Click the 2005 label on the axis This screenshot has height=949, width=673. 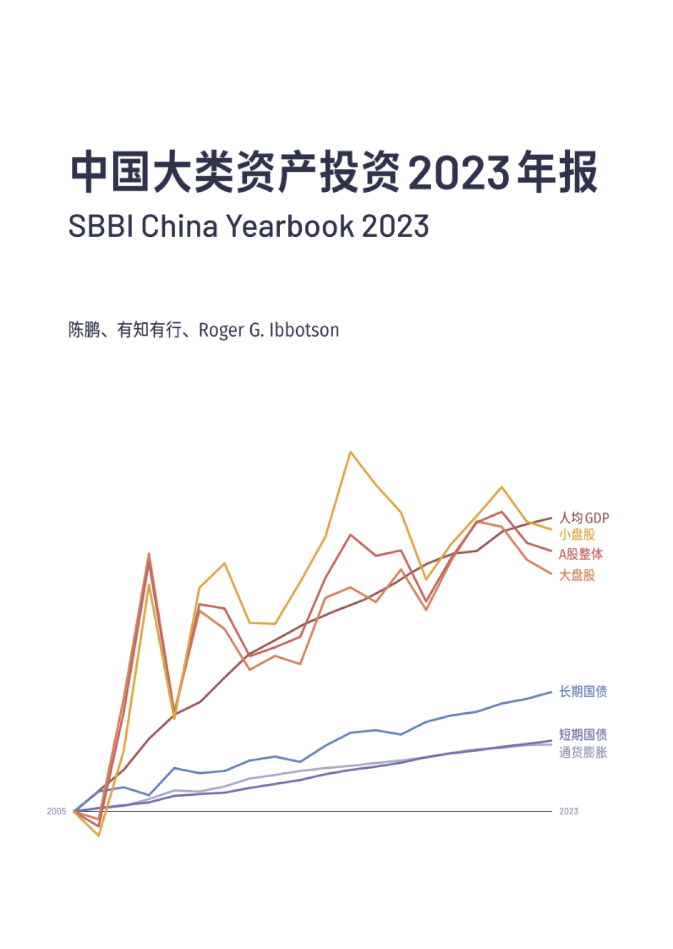tap(56, 811)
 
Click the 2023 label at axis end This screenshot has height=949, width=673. tap(568, 811)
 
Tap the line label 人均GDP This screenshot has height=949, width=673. tap(583, 517)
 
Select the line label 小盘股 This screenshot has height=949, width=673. tap(577, 534)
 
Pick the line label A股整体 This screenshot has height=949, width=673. tap(580, 554)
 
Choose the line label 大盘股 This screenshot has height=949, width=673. tap(577, 575)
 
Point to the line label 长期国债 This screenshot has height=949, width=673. tap(583, 691)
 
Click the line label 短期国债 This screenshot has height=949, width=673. tap(583, 735)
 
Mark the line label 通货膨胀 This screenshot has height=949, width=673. tap(583, 752)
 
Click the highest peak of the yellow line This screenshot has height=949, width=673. tap(351, 452)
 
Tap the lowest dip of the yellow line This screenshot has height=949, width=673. tap(99, 835)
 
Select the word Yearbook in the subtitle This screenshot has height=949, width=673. tap(290, 226)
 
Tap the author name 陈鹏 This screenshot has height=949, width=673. tap(84, 329)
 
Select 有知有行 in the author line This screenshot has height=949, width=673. tap(149, 329)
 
